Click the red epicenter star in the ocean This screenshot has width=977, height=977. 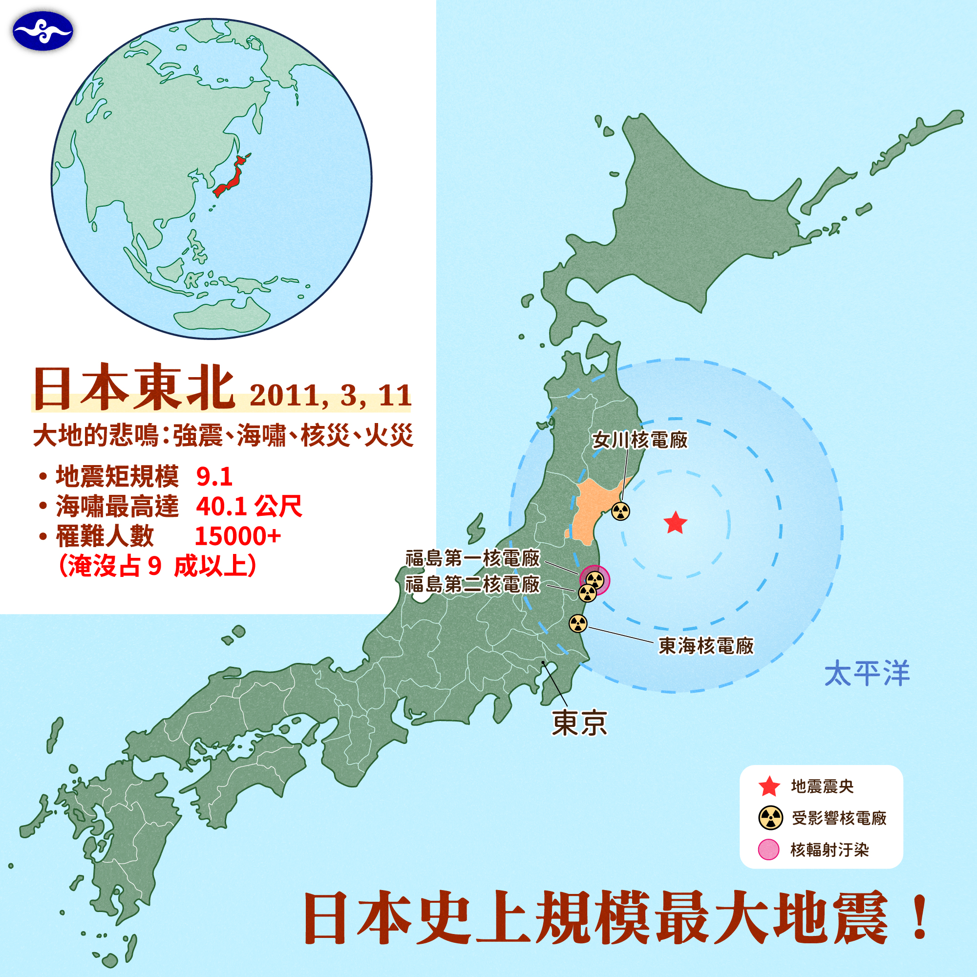point(675,523)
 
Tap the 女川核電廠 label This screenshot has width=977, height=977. point(640,440)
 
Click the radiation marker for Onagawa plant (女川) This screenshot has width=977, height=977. point(620,511)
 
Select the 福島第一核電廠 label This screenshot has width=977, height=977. point(473,558)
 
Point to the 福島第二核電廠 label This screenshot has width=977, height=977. point(473,585)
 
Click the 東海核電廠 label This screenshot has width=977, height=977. point(706,646)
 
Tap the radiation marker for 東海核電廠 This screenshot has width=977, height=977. point(578,623)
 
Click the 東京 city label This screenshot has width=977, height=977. point(579,722)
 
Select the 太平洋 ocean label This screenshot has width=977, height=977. point(867,674)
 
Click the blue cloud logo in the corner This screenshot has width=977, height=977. point(43,31)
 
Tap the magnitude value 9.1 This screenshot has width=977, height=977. point(214,476)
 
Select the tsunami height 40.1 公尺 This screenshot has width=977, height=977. point(249,506)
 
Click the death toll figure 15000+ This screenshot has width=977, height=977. point(238,536)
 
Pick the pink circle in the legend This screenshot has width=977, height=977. point(768,850)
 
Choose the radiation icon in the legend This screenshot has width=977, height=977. point(771,818)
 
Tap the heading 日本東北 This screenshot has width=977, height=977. point(134,387)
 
